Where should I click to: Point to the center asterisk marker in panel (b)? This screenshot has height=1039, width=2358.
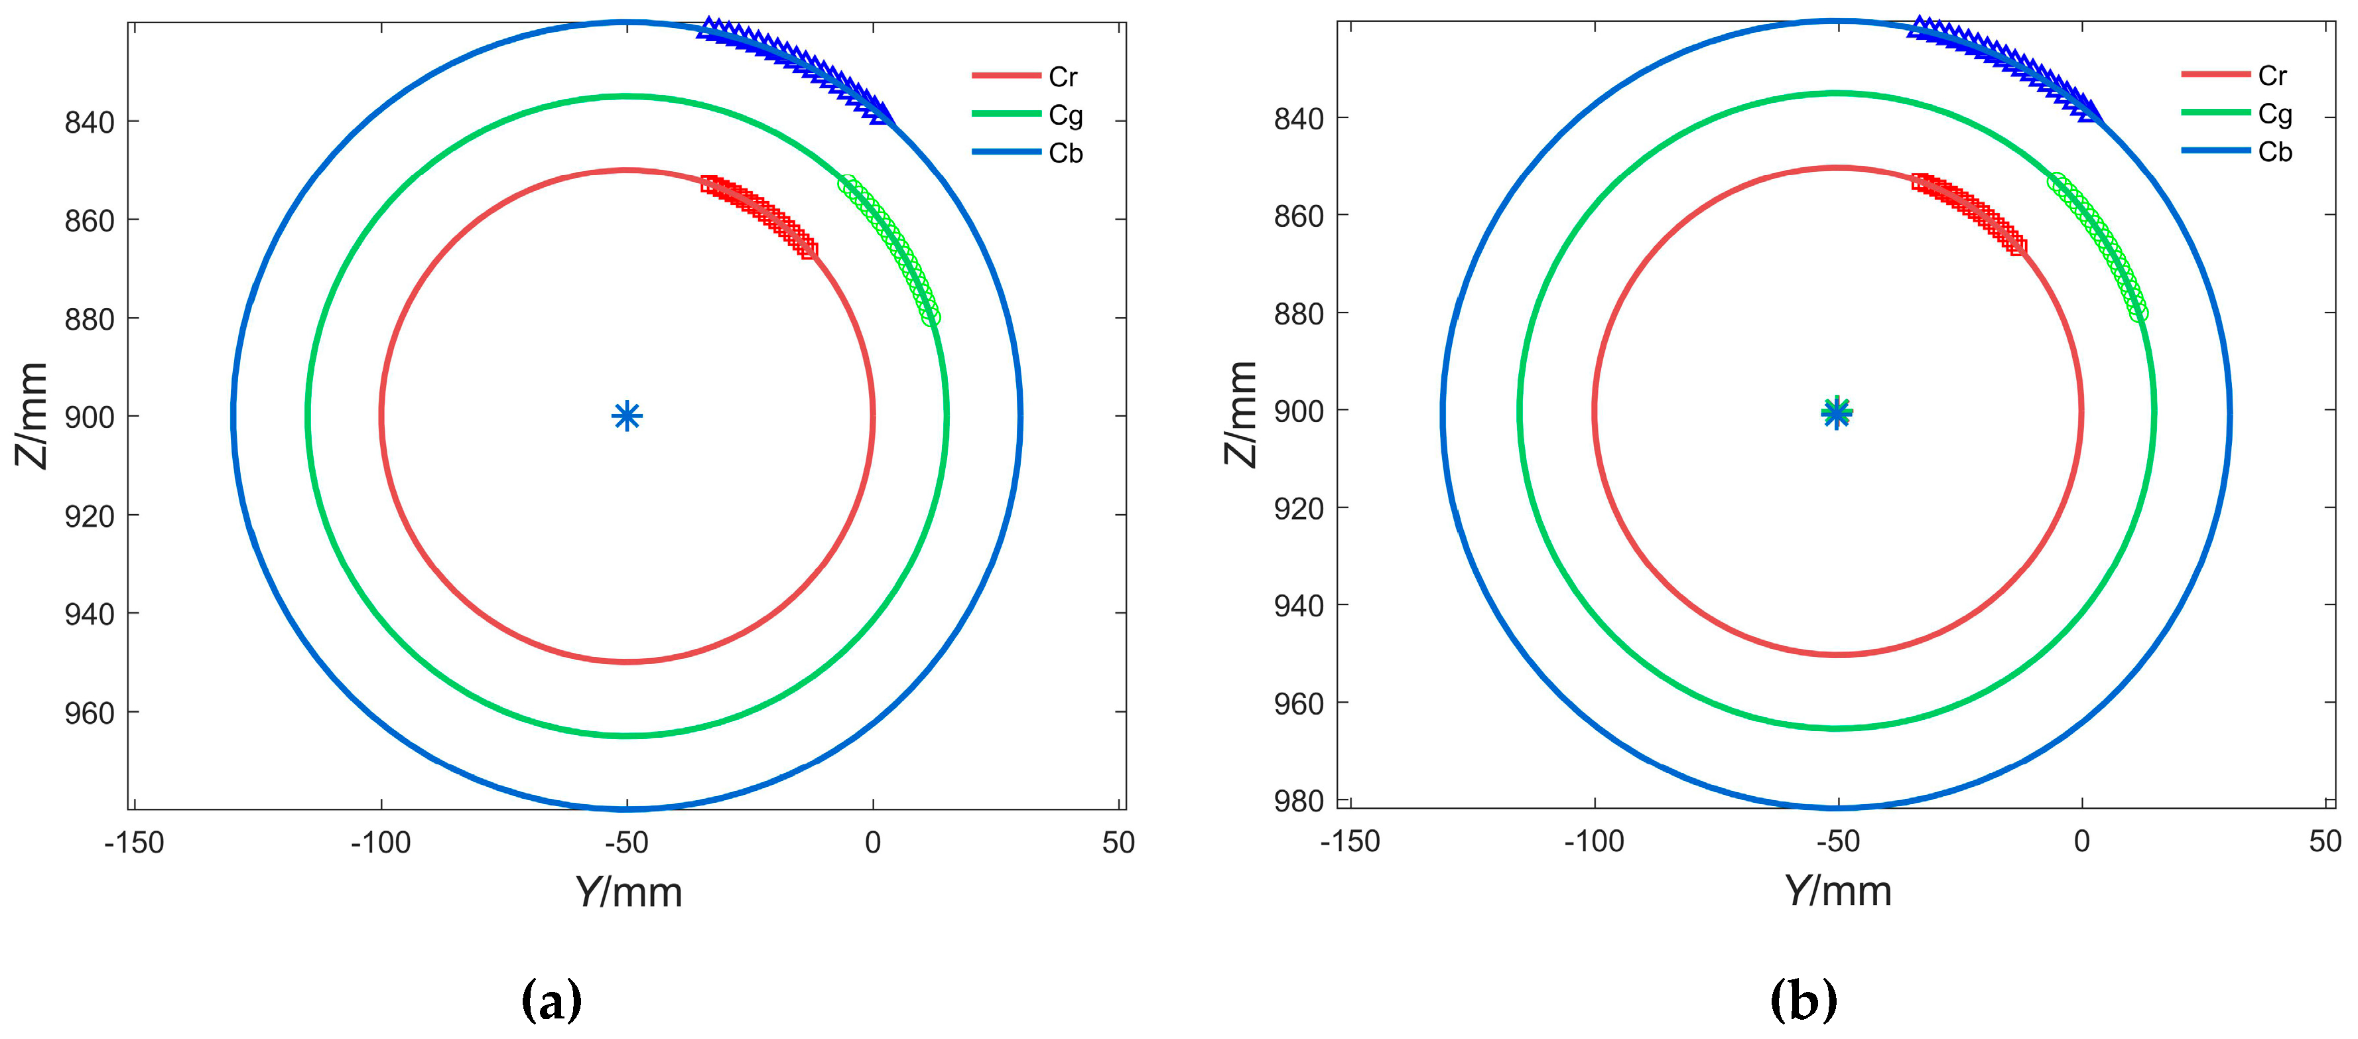coord(1836,413)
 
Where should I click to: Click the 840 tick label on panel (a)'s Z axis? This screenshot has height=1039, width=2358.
coord(89,123)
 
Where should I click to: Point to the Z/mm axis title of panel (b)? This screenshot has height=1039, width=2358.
coord(1241,414)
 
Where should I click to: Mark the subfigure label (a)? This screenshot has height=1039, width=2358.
coord(551,1001)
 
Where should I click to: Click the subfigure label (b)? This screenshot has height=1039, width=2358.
coord(1803,1001)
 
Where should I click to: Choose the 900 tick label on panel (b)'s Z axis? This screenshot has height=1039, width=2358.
coord(1298,412)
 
